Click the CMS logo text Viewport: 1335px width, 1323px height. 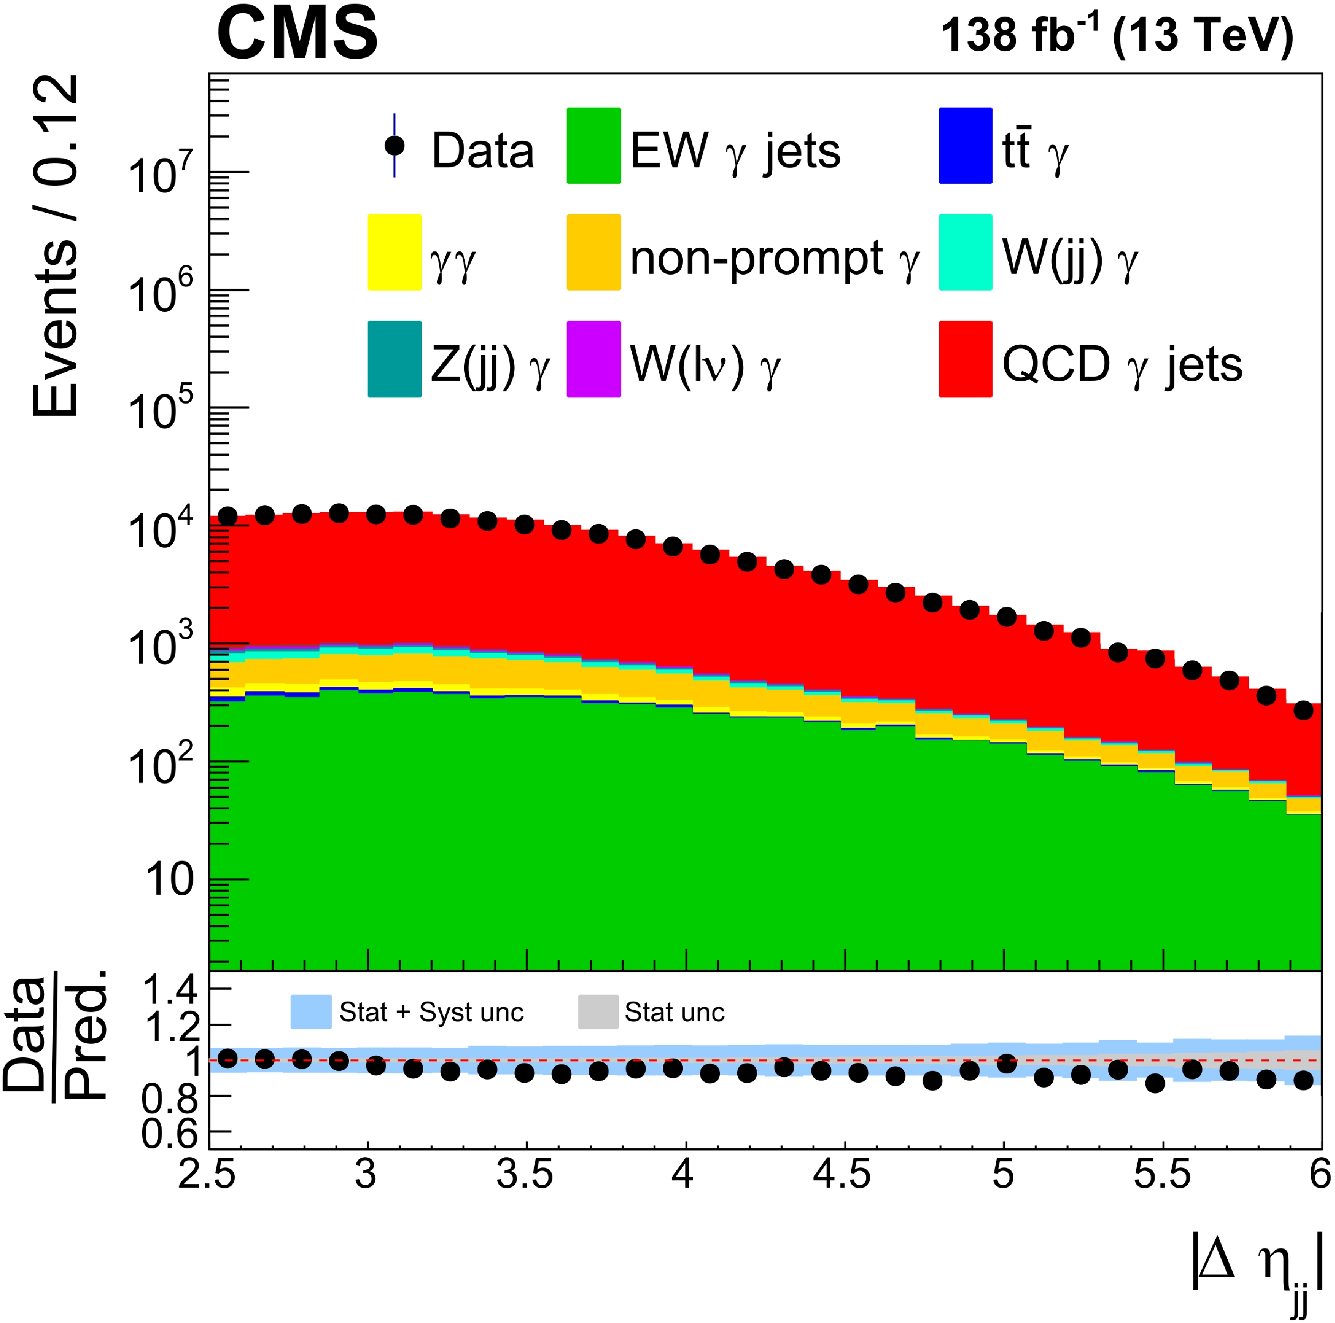click(297, 32)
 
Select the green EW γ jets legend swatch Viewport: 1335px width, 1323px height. click(594, 146)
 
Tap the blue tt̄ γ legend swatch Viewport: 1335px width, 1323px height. click(965, 146)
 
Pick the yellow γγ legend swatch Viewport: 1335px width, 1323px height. click(394, 252)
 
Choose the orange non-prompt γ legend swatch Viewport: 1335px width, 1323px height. click(594, 252)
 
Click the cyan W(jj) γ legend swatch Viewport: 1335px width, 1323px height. click(965, 252)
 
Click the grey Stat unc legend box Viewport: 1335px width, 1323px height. click(598, 1012)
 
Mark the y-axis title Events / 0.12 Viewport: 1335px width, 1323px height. click(55, 246)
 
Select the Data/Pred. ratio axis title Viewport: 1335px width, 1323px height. click(55, 1037)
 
